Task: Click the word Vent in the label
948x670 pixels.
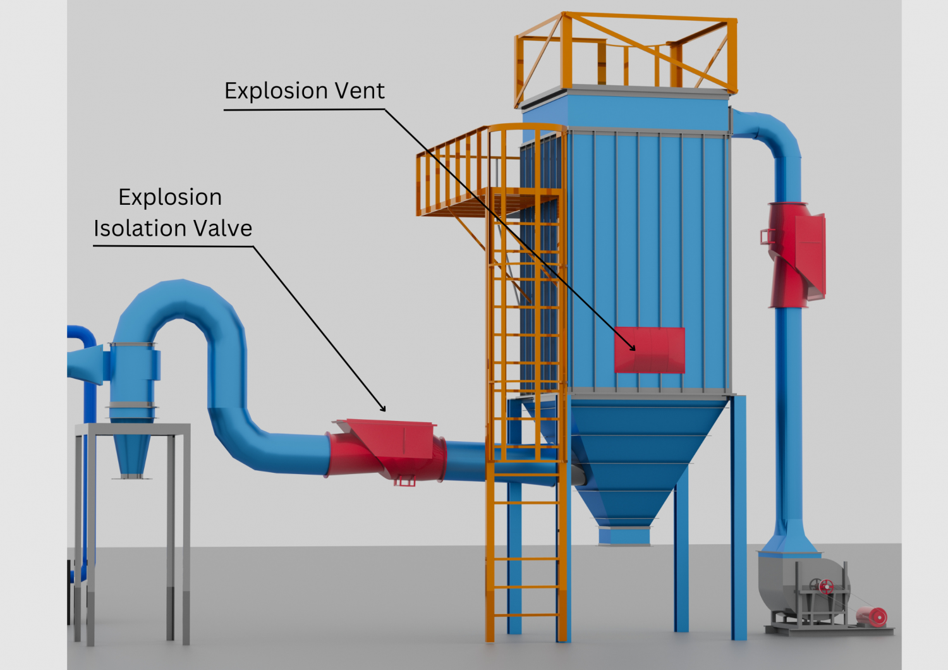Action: pyautogui.click(x=359, y=91)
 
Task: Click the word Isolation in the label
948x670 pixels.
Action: pyautogui.click(x=140, y=228)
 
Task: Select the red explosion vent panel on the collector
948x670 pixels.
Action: pyautogui.click(x=650, y=350)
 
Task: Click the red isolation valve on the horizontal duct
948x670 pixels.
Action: pyautogui.click(x=387, y=449)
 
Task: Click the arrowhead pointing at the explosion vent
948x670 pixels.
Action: pyautogui.click(x=633, y=347)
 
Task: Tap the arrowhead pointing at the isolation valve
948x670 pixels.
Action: pyautogui.click(x=382, y=408)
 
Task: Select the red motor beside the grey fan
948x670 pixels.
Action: pyautogui.click(x=873, y=616)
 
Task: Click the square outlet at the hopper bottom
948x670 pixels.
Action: pyautogui.click(x=624, y=535)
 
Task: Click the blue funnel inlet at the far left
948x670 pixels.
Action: pyautogui.click(x=84, y=363)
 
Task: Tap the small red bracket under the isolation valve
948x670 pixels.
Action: pyautogui.click(x=404, y=482)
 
